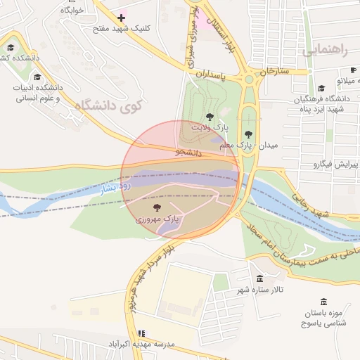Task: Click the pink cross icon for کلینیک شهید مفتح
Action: click(x=122, y=17)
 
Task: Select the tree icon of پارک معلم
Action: click(x=247, y=133)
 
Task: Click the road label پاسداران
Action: click(x=209, y=73)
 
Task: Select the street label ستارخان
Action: click(x=275, y=72)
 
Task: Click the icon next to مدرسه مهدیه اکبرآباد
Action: click(x=141, y=333)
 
